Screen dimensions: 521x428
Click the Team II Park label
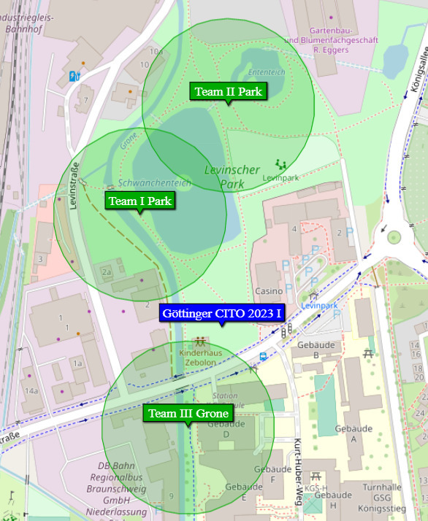point(228,91)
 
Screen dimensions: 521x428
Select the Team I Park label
point(140,201)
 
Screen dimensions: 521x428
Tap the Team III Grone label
point(188,413)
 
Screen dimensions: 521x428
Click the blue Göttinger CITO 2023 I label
point(222,314)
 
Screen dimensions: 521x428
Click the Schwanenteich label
point(154,183)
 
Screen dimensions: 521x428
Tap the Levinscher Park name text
point(232,177)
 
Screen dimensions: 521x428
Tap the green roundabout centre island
point(394,236)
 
